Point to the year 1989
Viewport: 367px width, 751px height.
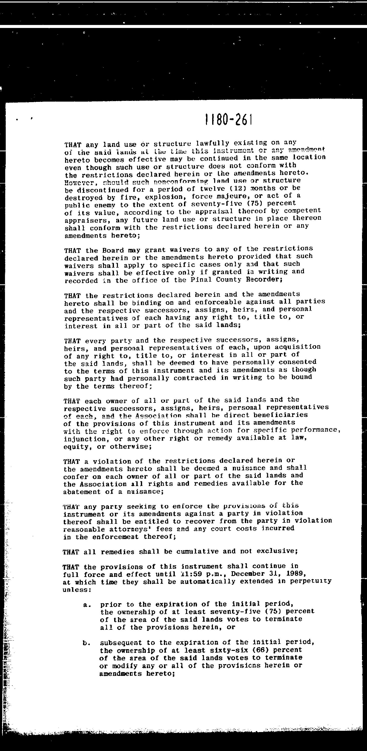[x=295, y=573]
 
